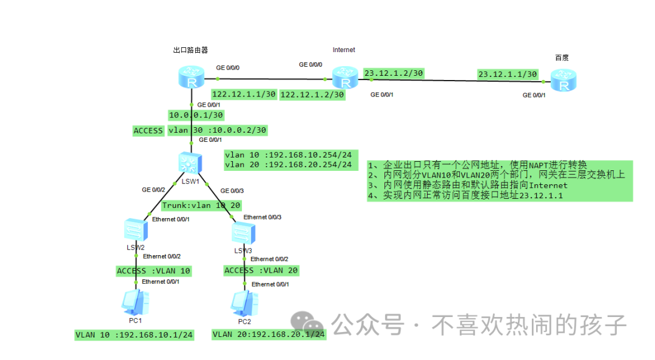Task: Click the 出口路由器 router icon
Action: (192, 78)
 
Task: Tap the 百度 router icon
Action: (564, 81)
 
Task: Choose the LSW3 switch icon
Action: (244, 233)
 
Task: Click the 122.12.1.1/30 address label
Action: (244, 95)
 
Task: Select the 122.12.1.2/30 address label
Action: (312, 95)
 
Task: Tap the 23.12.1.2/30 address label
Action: (393, 73)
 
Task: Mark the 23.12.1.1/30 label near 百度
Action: (508, 74)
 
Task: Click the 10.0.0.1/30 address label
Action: (196, 115)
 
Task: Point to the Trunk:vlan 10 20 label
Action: (201, 205)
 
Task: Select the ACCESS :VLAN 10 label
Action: (153, 271)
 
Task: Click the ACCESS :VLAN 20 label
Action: (261, 270)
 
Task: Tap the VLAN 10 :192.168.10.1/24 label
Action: (134, 335)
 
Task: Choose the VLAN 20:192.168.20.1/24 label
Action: (269, 334)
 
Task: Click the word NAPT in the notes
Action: (537, 165)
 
